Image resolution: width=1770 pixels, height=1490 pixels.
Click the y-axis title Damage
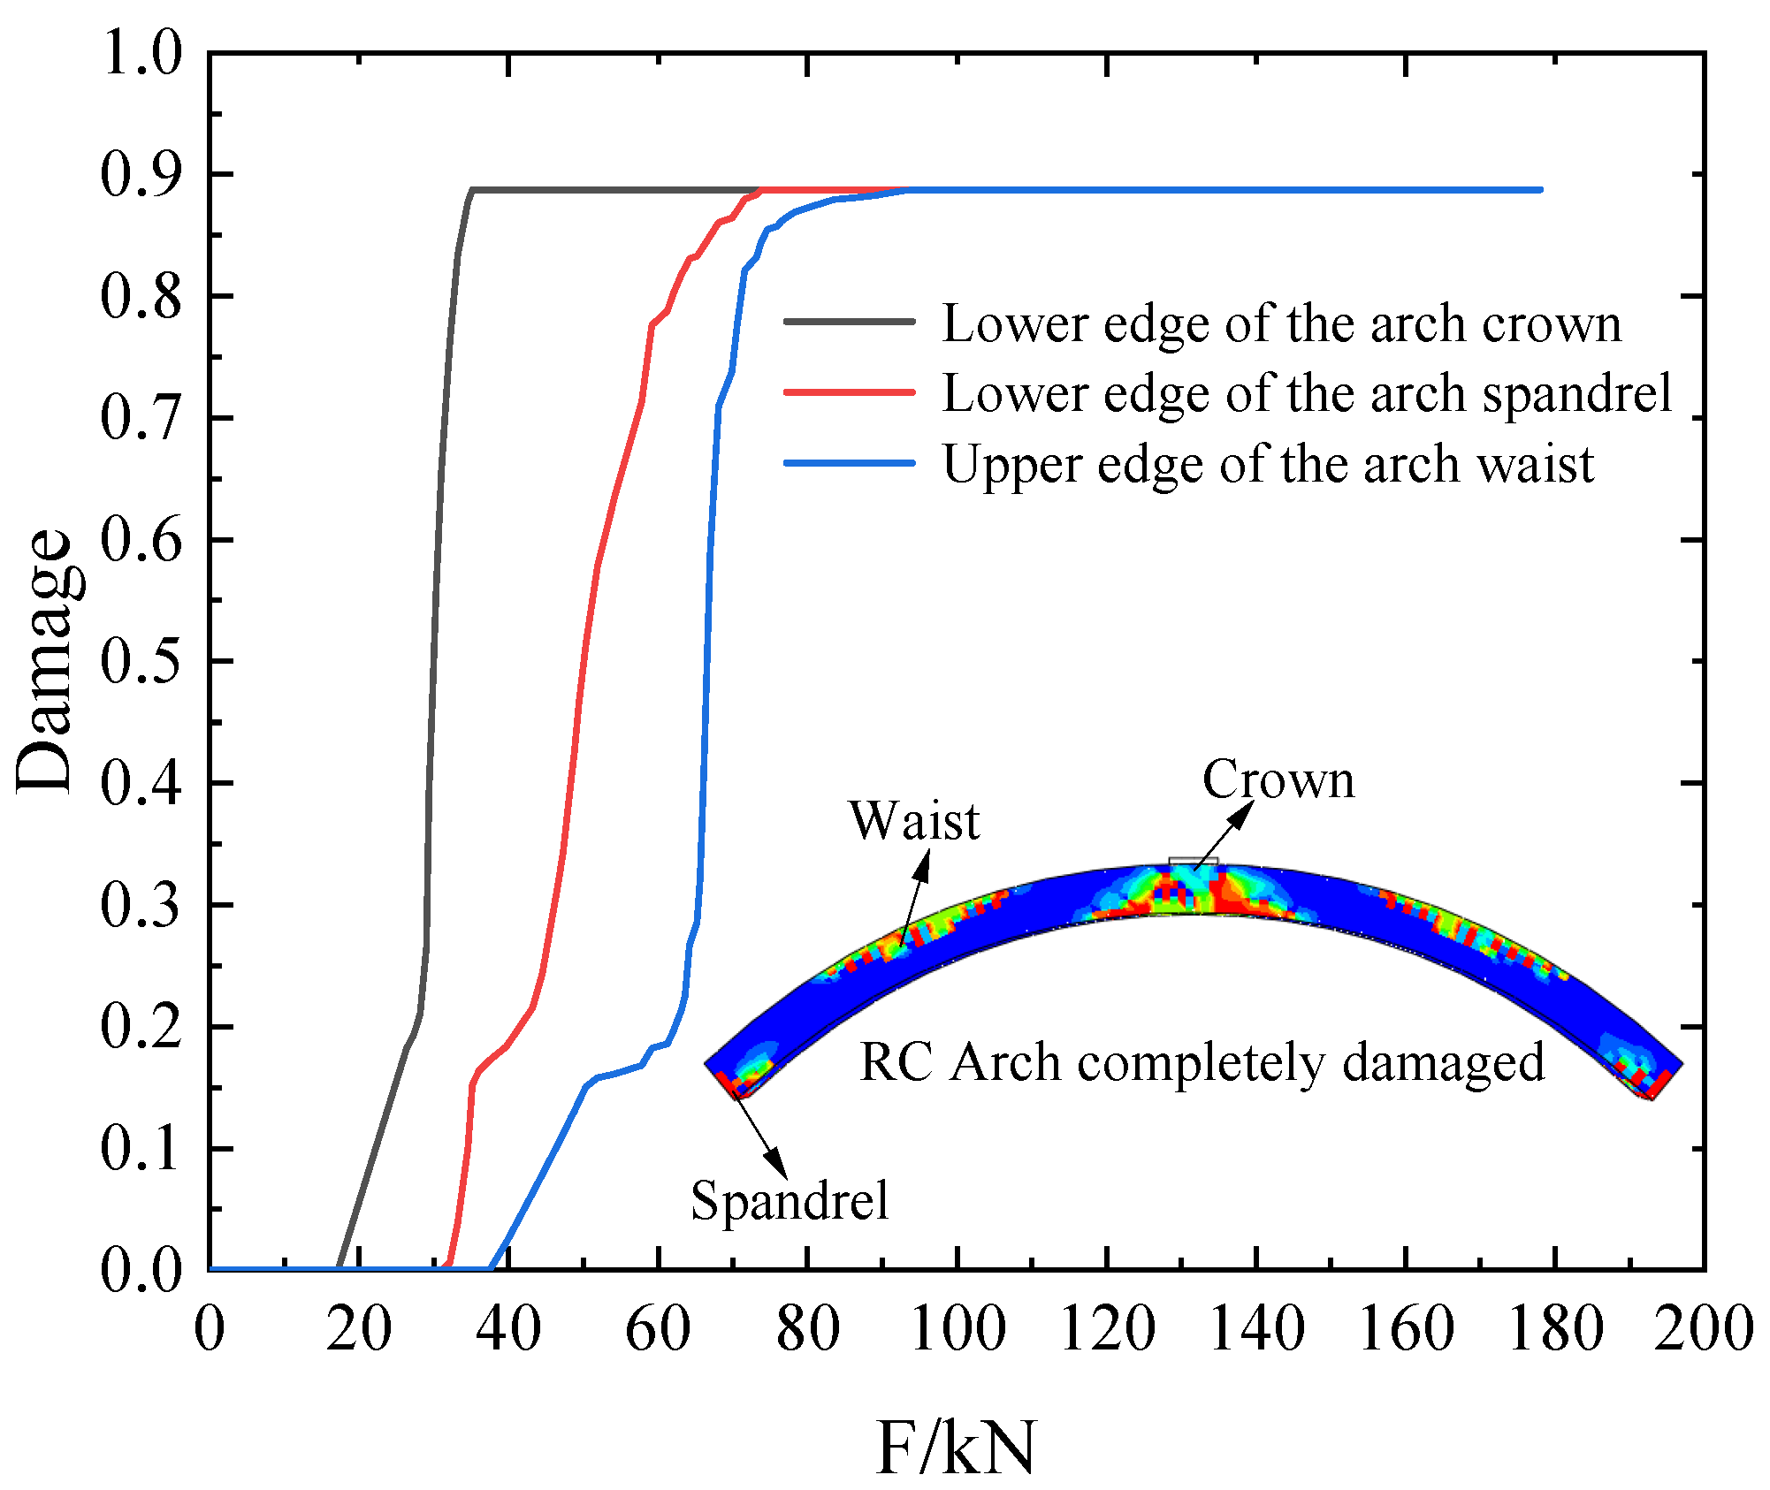[x=44, y=661]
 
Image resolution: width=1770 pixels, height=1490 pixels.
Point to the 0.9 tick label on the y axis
[x=141, y=174]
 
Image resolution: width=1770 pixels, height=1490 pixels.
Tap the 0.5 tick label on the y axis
[x=141, y=661]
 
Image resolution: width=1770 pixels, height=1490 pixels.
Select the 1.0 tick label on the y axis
[x=141, y=53]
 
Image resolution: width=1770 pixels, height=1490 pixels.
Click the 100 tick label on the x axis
[x=957, y=1327]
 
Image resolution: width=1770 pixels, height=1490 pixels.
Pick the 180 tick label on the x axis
[x=1556, y=1327]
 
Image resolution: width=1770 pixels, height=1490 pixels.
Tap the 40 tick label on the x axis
[x=508, y=1327]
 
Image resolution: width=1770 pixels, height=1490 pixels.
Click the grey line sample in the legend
[x=849, y=322]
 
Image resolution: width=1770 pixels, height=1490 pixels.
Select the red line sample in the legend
[x=849, y=392]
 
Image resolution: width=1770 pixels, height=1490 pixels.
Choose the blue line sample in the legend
[x=849, y=462]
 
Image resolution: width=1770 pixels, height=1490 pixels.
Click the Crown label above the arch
[x=1278, y=779]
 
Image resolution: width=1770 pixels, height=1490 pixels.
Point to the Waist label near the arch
[x=914, y=821]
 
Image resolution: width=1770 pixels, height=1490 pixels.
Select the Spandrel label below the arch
[x=790, y=1201]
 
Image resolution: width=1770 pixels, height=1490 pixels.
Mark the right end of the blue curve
[x=1541, y=190]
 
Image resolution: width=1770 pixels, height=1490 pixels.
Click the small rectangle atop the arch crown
[x=1193, y=861]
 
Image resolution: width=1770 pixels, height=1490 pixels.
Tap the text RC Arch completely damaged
[x=1202, y=1061]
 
